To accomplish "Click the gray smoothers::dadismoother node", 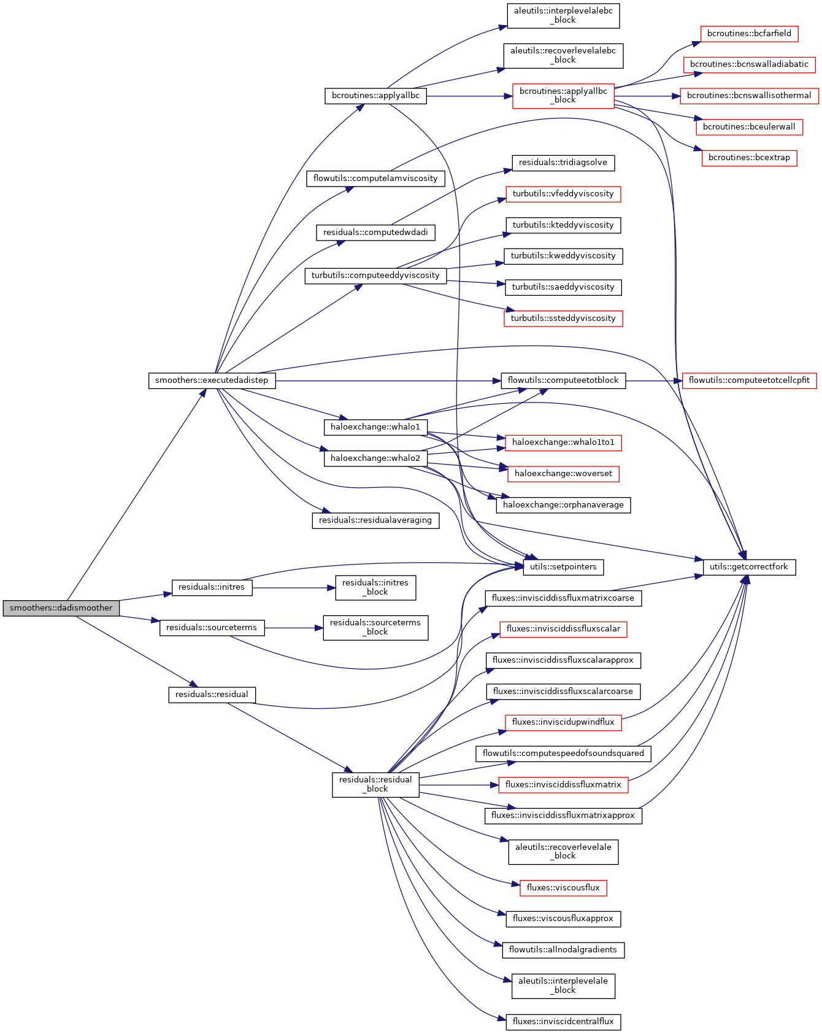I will [61, 608].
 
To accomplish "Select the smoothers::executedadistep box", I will [212, 380].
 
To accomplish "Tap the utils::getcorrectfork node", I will [748, 567].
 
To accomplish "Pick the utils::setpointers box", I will [563, 567].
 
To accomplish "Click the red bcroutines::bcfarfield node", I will [749, 34].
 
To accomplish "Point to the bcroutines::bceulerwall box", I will [749, 127].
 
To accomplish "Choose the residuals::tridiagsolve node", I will [563, 163].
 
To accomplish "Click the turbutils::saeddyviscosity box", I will [563, 287].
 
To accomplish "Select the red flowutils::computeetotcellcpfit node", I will [749, 380].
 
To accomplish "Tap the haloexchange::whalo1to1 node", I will [563, 442].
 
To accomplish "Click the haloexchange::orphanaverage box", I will [563, 505].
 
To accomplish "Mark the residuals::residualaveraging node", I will [375, 520].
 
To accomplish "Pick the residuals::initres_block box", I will [375, 587].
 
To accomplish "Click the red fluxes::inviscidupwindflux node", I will [563, 722].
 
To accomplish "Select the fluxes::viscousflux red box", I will [563, 888].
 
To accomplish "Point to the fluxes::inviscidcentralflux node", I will [563, 1022].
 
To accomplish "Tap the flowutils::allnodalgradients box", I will [563, 950].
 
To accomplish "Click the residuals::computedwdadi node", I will [375, 233].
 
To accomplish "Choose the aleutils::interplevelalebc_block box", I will [563, 15].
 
